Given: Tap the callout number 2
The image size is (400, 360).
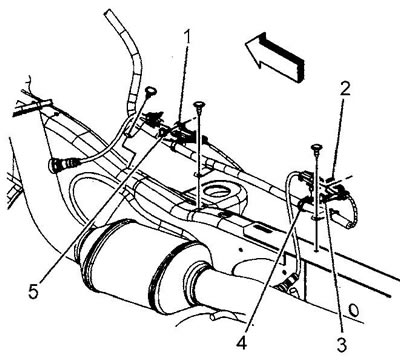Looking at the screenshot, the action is (344, 87).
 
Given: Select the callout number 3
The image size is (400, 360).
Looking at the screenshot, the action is (341, 343).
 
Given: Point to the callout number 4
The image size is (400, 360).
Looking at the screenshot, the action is (243, 339).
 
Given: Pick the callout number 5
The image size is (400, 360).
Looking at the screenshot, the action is (33, 290).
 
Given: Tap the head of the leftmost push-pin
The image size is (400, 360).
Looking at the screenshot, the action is (151, 90).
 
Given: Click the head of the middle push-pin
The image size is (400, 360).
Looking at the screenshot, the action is (199, 105).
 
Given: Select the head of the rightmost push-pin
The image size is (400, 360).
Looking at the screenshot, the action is (315, 147).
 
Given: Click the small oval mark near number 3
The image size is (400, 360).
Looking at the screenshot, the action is (354, 310).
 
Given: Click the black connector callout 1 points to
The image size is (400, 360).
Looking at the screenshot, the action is (182, 135).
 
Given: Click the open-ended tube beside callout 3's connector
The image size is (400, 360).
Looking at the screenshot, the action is (343, 218).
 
